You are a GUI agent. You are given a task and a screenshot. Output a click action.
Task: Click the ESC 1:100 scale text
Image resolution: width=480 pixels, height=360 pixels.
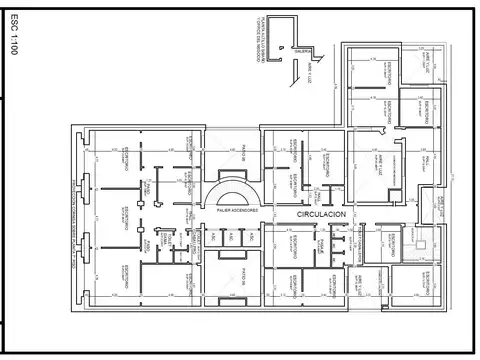click(13, 38)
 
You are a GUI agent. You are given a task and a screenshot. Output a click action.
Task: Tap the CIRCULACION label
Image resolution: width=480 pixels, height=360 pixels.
click(321, 214)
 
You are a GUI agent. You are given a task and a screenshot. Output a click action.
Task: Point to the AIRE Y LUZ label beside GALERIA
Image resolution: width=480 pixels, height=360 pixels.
click(312, 72)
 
